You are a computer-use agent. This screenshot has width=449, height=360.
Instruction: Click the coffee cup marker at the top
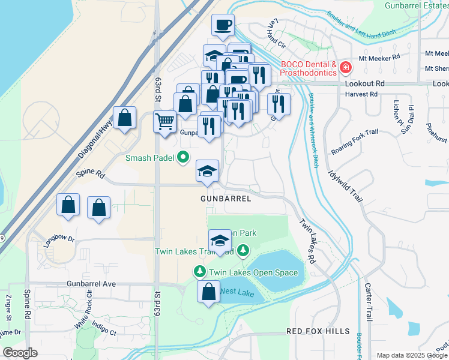pos(223,25)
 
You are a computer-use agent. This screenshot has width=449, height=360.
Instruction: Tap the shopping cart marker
pos(164,121)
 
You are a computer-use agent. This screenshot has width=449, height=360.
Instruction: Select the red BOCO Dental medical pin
pos(345,68)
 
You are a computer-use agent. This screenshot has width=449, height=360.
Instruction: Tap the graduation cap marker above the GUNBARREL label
pos(207,172)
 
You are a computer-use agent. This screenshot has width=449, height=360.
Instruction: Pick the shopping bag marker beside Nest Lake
pos(208,292)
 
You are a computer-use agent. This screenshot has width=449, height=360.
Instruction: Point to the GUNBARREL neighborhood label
pos(226,198)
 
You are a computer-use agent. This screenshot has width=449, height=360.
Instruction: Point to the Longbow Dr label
pos(59,242)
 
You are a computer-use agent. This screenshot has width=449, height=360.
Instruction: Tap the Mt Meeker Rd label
pos(379,58)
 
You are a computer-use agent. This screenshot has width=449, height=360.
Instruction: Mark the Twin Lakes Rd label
pos(307,241)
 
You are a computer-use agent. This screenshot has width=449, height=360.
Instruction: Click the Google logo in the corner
pos(20,353)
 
